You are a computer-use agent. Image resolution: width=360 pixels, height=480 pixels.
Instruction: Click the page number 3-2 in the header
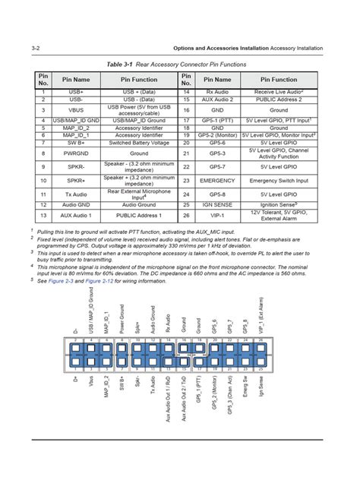click(35, 48)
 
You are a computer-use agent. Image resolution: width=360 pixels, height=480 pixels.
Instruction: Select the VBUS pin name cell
click(76, 109)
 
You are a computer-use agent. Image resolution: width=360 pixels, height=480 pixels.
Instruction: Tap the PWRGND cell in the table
click(76, 153)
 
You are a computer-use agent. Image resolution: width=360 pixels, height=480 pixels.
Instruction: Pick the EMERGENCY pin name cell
click(217, 181)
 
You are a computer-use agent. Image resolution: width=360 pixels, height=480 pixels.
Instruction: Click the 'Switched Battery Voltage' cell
click(138, 142)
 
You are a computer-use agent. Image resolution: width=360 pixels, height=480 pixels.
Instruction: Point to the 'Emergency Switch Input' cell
click(279, 181)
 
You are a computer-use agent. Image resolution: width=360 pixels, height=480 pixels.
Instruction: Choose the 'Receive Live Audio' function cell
click(279, 92)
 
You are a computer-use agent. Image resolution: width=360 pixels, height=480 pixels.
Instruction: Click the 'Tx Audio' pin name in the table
click(76, 194)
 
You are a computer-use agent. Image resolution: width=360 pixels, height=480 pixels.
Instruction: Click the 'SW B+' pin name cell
click(76, 142)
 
